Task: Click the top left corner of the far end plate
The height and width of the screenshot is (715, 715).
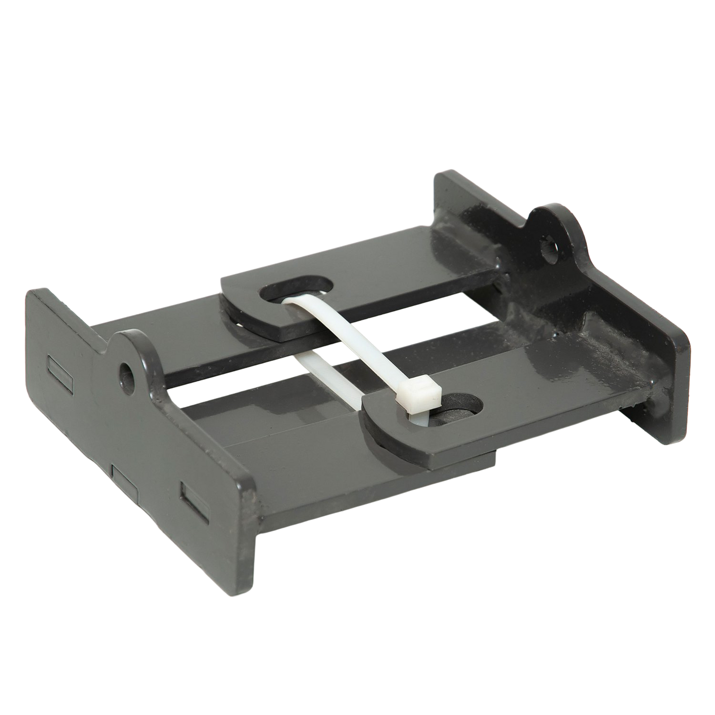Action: [443, 176]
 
